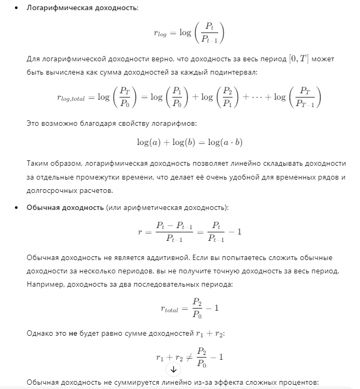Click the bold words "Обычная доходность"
click(x=65, y=207)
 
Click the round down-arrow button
click(x=174, y=369)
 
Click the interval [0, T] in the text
click(x=299, y=59)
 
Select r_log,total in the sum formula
click(x=75, y=98)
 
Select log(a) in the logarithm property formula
click(x=149, y=143)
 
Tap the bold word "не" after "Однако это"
click(x=73, y=334)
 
